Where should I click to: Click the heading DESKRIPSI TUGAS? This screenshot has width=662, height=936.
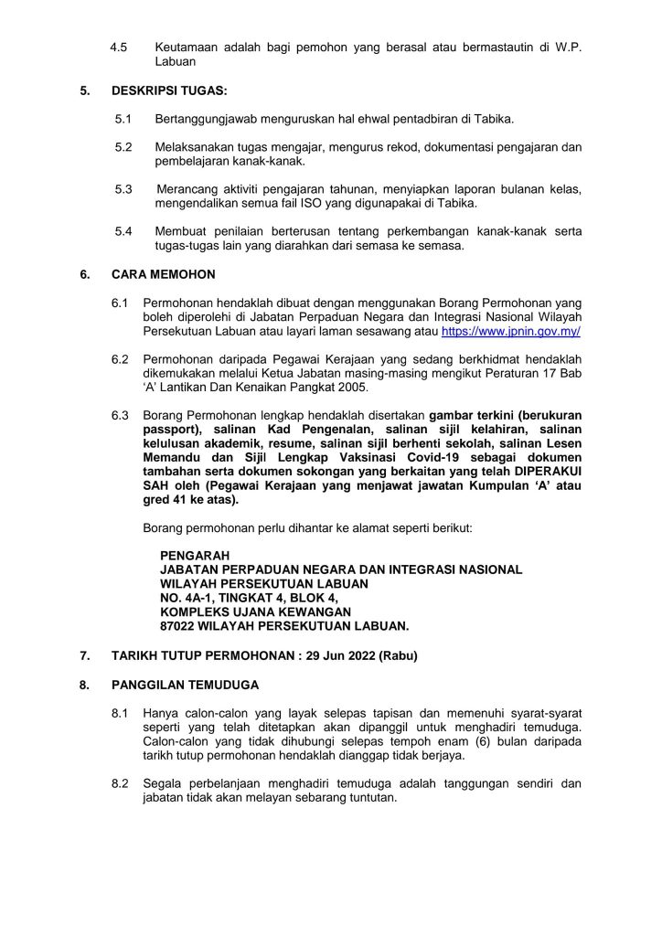158,91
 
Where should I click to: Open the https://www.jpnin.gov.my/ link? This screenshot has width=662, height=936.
511,331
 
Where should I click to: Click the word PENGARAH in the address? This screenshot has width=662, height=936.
195,554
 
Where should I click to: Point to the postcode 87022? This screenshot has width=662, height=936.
180,626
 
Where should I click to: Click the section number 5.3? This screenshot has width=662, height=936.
123,188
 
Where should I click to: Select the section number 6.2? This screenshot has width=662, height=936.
120,358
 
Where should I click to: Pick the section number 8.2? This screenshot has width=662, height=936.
120,783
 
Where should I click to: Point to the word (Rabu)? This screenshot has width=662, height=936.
399,655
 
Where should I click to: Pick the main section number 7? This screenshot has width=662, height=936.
84,655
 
